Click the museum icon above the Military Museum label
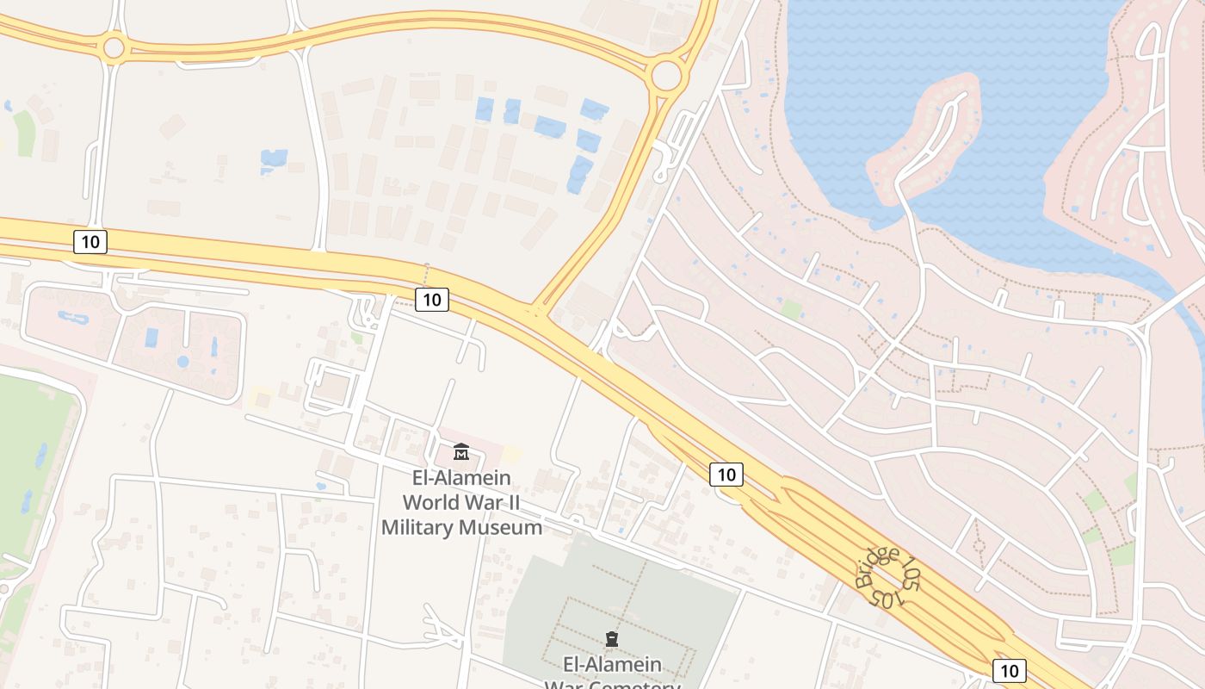[x=461, y=451]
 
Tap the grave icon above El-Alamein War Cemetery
[x=612, y=639]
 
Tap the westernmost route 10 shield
[x=90, y=242]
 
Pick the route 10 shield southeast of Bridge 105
[x=1009, y=670]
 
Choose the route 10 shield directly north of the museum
[x=432, y=299]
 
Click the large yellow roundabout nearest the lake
[x=666, y=75]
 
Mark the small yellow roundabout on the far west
[x=114, y=47]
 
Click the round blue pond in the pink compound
[x=182, y=362]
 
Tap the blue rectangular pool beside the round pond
[x=152, y=337]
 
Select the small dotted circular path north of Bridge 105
[x=979, y=544]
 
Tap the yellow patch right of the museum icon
[x=511, y=454]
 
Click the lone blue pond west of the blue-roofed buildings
[x=274, y=159]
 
